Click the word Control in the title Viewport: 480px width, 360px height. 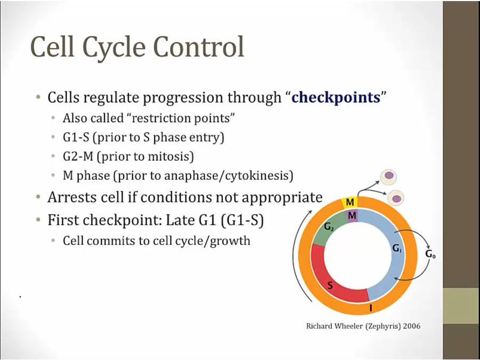coord(199,47)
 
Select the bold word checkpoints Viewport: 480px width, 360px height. coord(336,98)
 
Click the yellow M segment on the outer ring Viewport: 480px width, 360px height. coord(349,202)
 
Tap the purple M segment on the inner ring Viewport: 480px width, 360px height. coord(352,216)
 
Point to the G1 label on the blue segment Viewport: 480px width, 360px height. coord(397,249)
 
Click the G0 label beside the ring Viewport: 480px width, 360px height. coord(430,254)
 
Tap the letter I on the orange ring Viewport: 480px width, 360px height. coord(371,308)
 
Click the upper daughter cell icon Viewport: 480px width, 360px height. coord(388,177)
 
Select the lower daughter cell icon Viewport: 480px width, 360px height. coord(396,198)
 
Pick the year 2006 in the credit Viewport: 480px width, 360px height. coord(412,326)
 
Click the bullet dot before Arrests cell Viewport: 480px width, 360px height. coord(38,196)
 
